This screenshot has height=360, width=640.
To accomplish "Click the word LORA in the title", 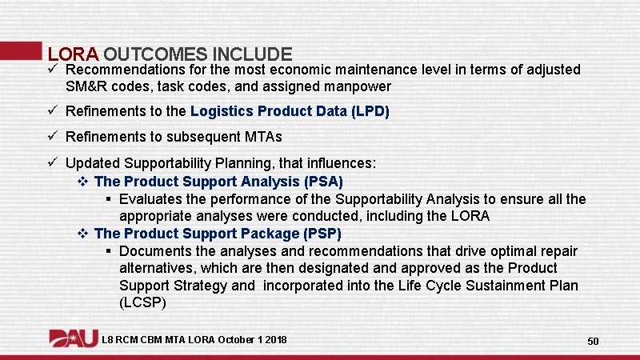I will [x=73, y=54].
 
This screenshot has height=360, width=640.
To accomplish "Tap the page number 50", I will [x=593, y=342].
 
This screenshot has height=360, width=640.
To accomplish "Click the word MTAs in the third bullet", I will [x=262, y=137].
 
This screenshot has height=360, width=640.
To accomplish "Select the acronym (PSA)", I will [x=324, y=182].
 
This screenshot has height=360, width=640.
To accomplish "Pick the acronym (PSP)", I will [x=322, y=234].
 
